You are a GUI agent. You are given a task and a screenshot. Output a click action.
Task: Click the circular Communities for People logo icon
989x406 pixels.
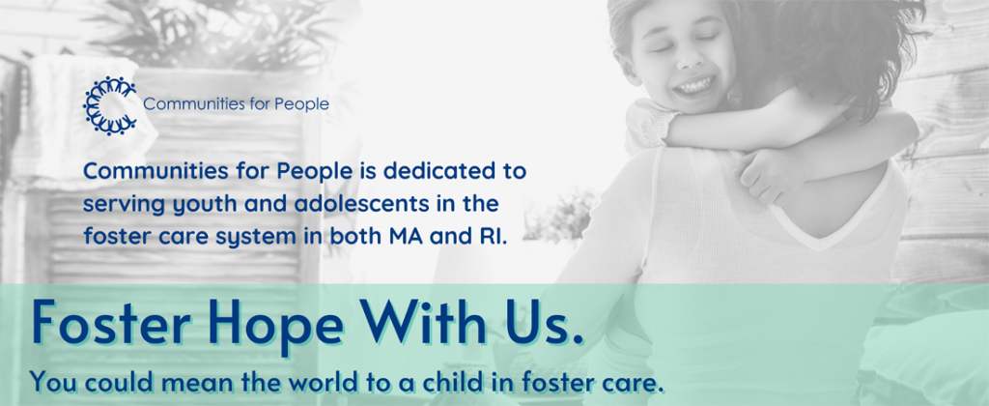tap(110, 105)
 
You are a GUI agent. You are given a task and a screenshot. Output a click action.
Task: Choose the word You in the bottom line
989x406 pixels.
tap(51, 382)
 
